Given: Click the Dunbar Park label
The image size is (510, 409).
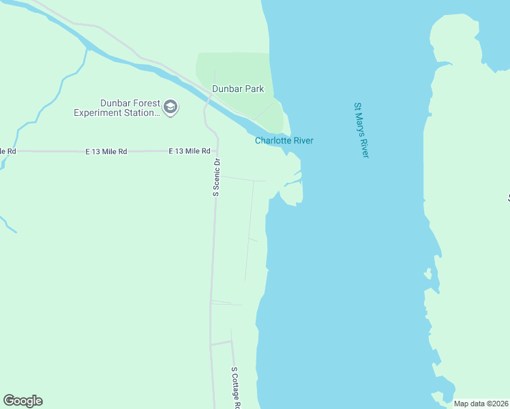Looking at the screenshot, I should click(237, 89).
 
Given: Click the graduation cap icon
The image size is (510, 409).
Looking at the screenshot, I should click(170, 108).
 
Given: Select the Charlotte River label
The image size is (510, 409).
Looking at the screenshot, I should click(284, 141).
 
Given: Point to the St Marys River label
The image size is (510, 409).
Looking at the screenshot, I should click(361, 130).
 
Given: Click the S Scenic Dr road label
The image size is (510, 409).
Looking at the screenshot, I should click(217, 177).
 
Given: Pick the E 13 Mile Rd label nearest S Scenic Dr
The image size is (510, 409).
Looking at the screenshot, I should click(189, 151).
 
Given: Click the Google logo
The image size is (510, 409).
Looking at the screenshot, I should click(22, 401).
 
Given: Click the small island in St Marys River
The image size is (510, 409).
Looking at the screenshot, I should click(427, 275).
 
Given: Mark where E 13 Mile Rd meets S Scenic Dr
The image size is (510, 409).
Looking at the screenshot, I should click(217, 151).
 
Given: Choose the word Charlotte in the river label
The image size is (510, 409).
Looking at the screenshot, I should click(274, 141).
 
